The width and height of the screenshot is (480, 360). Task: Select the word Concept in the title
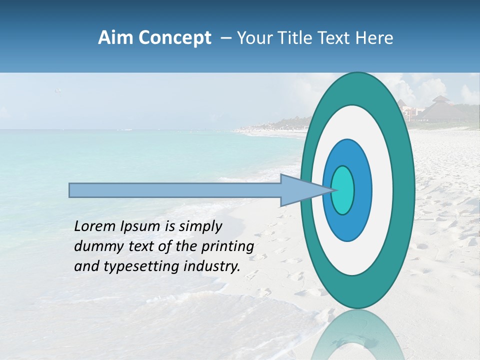175,38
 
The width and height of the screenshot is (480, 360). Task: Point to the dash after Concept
225,38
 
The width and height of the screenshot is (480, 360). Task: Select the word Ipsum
139,226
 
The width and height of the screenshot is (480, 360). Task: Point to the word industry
212,266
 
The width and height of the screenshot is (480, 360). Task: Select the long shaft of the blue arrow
175,190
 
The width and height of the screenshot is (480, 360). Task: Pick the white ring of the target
383,190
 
